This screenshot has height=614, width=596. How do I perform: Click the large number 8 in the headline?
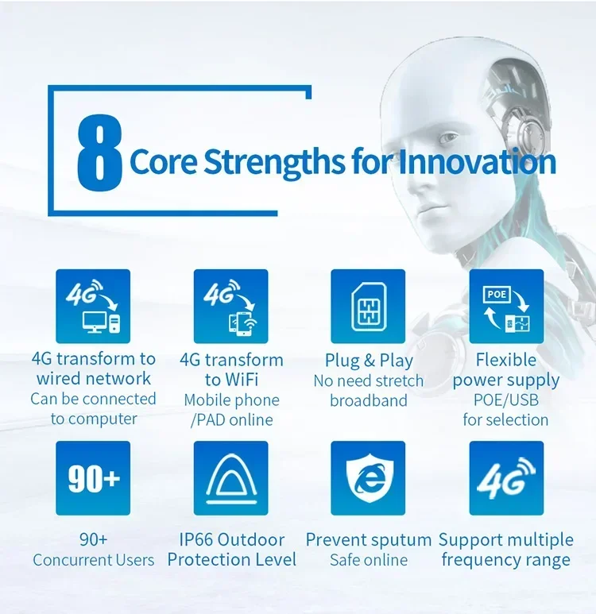[99, 150]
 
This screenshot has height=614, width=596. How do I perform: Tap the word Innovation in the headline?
[477, 162]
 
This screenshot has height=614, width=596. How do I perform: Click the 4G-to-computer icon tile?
[93, 307]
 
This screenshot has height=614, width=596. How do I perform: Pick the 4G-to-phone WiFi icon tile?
[230, 307]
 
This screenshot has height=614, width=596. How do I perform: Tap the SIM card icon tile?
[368, 307]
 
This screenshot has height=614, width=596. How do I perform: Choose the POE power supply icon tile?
[506, 307]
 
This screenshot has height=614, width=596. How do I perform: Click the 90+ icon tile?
[93, 478]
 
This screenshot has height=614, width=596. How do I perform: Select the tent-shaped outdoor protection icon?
[230, 478]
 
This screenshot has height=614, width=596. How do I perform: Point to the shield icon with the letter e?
[368, 478]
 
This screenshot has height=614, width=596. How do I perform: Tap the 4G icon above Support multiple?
[506, 478]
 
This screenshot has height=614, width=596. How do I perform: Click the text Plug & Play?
[369, 361]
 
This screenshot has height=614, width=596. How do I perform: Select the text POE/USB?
[505, 400]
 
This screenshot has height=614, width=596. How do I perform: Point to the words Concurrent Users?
[94, 560]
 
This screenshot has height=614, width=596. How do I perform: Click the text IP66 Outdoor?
[230, 540]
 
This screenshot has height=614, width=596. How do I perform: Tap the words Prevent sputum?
[369, 540]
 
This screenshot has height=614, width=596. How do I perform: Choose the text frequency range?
[505, 560]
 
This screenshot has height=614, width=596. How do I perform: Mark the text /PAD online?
[231, 419]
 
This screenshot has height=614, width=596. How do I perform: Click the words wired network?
[94, 379]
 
